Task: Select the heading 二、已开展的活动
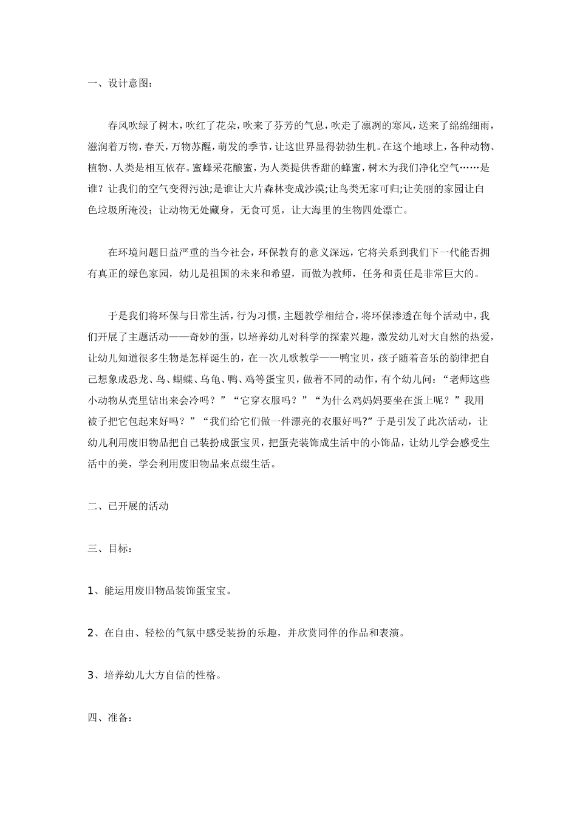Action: coord(128,506)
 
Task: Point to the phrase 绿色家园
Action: coord(155,274)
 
